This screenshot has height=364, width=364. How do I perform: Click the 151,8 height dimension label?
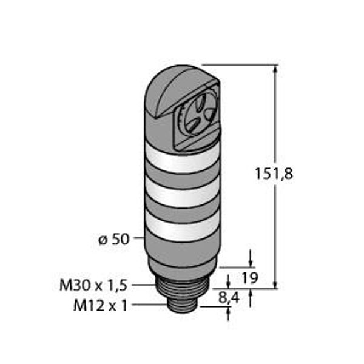[274, 174]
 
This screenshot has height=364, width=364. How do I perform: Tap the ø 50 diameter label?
[113, 239]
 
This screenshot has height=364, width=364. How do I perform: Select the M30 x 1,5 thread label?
[93, 285]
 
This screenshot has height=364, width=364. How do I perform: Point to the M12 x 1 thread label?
[100, 306]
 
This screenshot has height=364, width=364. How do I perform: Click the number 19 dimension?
[250, 278]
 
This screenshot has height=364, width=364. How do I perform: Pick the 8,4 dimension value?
[229, 298]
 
